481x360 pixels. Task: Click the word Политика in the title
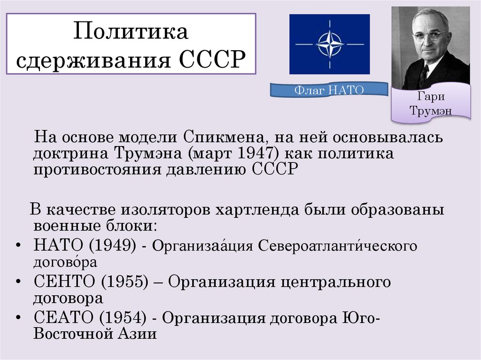click(131, 33)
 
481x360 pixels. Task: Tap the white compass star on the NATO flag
click(329, 45)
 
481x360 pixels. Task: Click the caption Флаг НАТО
click(329, 89)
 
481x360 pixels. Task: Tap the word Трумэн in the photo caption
click(431, 111)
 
